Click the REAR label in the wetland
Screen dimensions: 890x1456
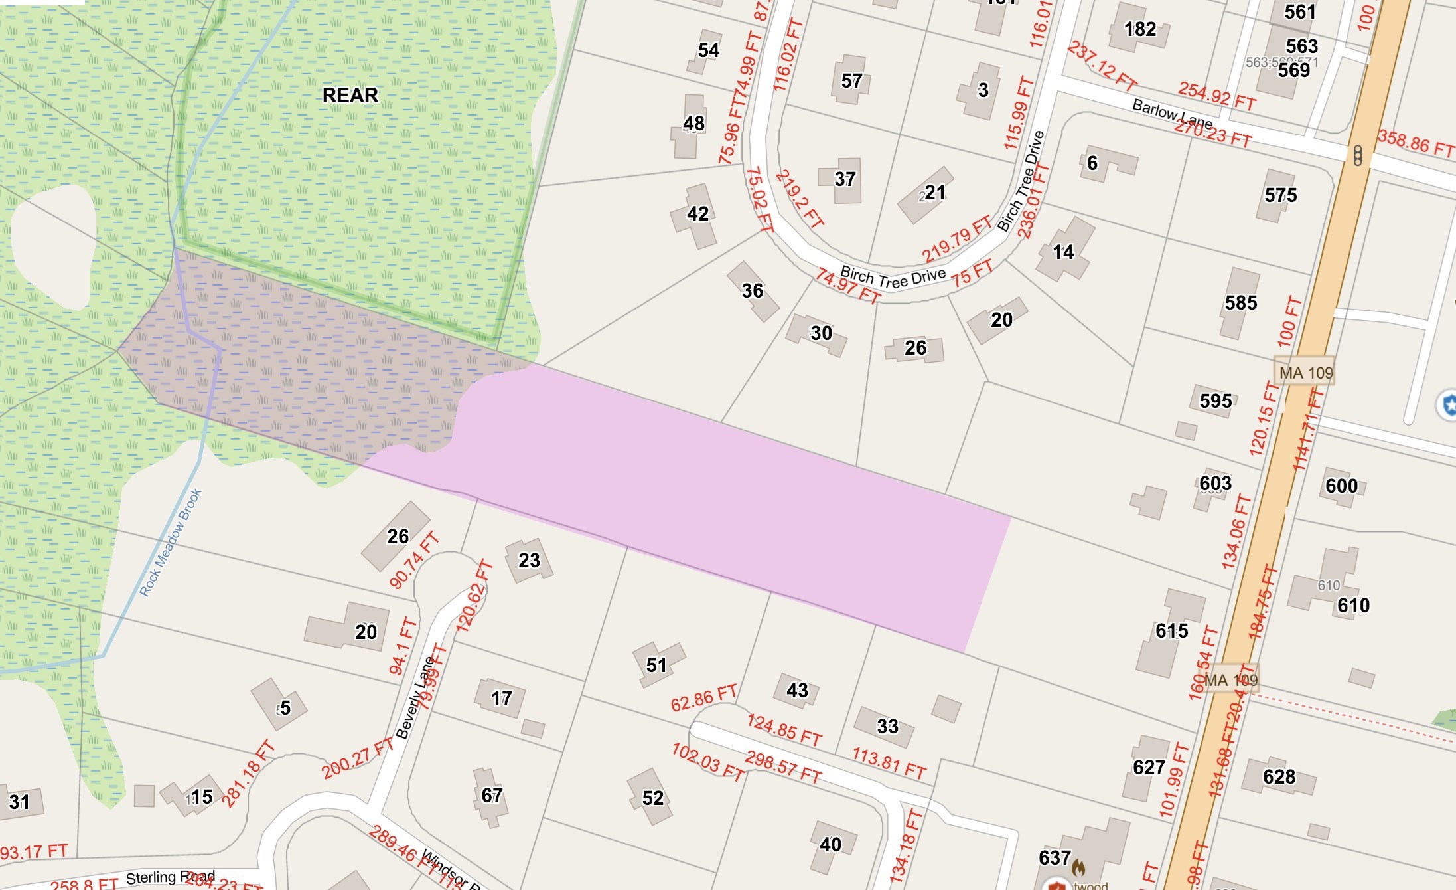[x=350, y=95]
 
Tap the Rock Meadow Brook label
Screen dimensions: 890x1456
[x=171, y=543]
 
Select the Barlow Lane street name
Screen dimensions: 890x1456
[x=1172, y=114]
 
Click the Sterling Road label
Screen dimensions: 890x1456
[x=170, y=877]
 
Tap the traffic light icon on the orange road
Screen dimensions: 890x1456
[x=1358, y=156]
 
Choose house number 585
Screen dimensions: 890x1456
[x=1240, y=303]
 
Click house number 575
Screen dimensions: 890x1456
[x=1280, y=195]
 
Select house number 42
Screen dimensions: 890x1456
[x=697, y=214]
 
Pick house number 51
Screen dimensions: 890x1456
[x=656, y=665]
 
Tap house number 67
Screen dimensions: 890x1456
[x=492, y=795]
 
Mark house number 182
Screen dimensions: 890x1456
[x=1140, y=29]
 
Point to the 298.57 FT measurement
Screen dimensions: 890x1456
[x=783, y=766]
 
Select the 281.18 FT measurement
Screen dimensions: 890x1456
[x=248, y=773]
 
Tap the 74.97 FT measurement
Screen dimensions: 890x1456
[x=847, y=286]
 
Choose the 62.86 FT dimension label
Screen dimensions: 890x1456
[x=703, y=698]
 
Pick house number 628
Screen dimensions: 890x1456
[x=1279, y=776]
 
